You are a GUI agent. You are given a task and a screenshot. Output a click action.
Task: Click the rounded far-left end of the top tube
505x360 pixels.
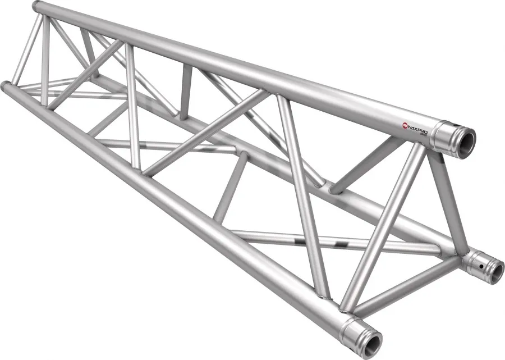(37, 7)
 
